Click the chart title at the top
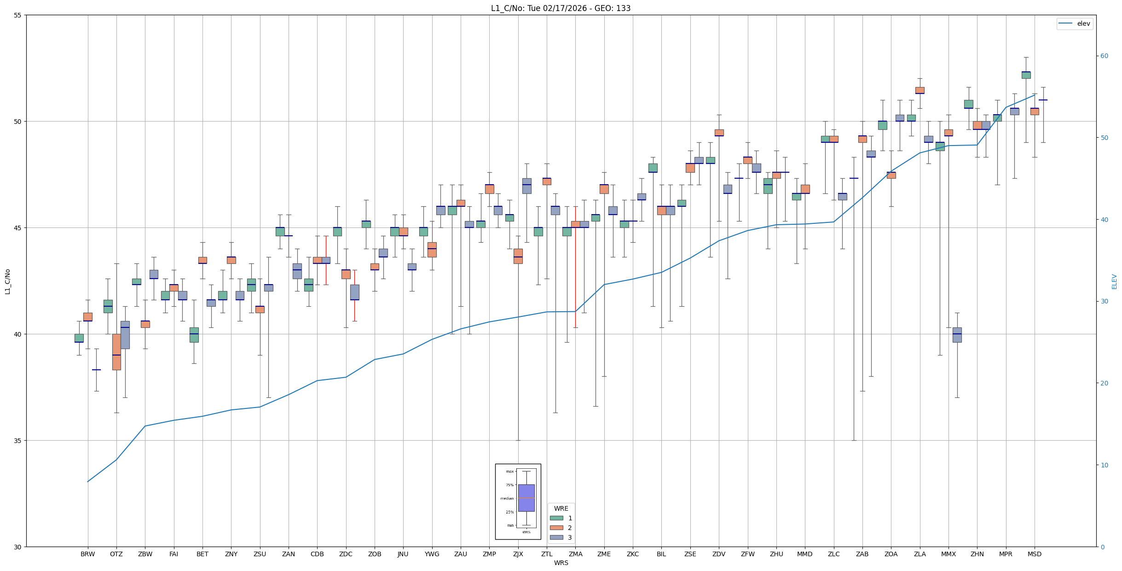point(561,8)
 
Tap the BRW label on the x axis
point(87,554)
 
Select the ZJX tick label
point(518,554)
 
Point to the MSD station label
point(1034,554)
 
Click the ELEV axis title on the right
point(1114,281)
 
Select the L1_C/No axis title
point(7,281)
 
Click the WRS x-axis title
point(561,563)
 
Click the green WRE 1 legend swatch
point(556,518)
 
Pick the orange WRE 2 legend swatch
point(556,528)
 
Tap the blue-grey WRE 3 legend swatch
point(556,537)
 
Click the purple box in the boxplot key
point(526,498)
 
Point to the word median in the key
point(507,498)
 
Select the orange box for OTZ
point(116,352)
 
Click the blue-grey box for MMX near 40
point(957,335)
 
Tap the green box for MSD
point(1026,75)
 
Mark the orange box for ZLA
point(920,90)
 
